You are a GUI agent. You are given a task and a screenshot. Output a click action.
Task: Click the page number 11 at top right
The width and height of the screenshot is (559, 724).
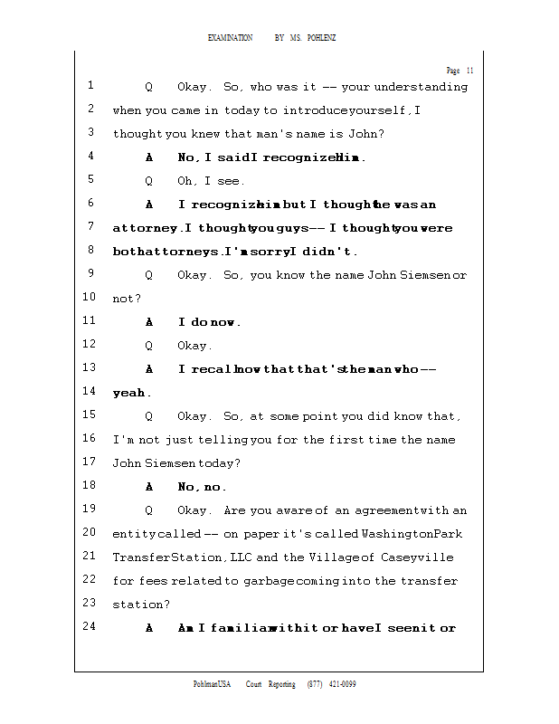(x=470, y=71)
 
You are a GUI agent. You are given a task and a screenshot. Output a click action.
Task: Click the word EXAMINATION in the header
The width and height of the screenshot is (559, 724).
(x=231, y=38)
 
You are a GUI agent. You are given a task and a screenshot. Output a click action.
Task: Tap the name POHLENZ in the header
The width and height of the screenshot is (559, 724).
(x=321, y=38)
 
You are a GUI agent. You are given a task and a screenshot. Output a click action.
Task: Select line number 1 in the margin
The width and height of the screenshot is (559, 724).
(x=91, y=86)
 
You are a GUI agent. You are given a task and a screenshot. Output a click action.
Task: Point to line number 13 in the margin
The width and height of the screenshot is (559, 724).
(x=89, y=368)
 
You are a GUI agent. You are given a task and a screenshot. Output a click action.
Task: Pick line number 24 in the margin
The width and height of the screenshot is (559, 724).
(x=89, y=627)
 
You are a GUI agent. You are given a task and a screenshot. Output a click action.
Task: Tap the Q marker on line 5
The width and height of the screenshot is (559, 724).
(x=149, y=181)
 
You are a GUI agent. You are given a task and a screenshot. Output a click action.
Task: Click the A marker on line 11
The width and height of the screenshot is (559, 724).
(x=149, y=322)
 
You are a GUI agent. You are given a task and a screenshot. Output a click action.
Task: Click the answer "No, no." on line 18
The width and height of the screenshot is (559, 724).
(x=202, y=487)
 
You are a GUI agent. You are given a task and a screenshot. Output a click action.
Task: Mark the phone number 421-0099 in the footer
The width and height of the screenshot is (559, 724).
(x=343, y=684)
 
